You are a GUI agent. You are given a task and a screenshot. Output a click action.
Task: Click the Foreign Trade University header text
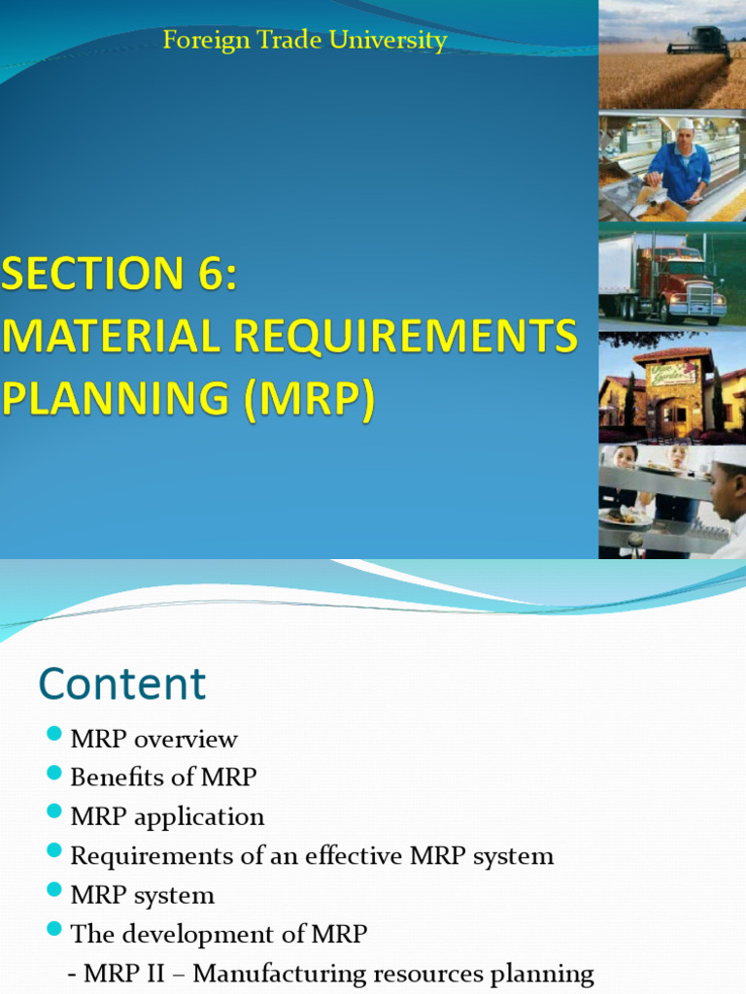(x=305, y=41)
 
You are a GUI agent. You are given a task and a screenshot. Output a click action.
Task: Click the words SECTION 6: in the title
(x=119, y=276)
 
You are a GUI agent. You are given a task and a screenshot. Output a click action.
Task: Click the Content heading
(x=122, y=683)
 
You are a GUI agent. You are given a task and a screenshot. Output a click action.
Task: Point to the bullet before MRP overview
(x=54, y=737)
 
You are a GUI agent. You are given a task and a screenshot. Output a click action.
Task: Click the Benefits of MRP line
(x=163, y=777)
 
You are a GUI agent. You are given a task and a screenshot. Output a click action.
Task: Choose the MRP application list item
(x=167, y=816)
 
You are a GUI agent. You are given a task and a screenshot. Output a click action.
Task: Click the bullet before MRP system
(x=54, y=892)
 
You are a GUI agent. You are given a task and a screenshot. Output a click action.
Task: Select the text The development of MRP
(x=219, y=934)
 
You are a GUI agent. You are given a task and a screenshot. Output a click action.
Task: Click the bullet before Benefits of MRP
(x=54, y=776)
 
